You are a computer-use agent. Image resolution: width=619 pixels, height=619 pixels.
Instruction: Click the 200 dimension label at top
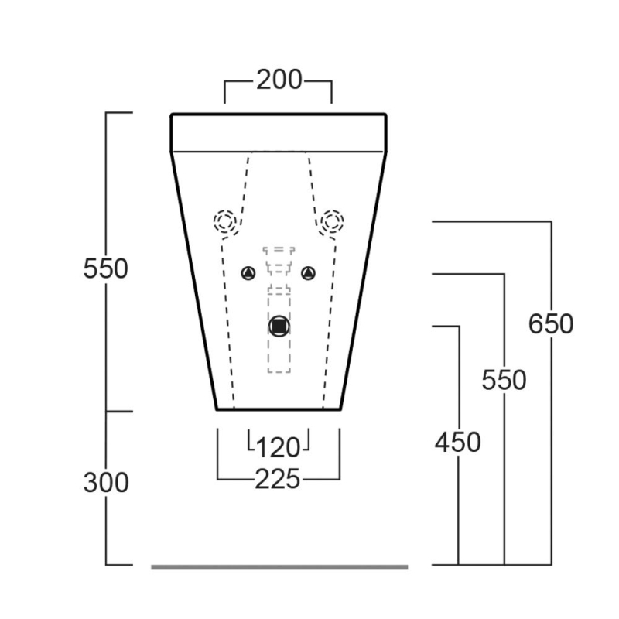tap(279, 80)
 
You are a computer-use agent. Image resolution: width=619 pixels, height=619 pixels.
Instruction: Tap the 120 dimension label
tap(279, 448)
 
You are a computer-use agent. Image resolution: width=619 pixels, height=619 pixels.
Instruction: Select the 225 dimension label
tap(278, 479)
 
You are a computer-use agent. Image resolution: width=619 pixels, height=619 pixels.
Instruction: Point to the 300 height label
tap(106, 482)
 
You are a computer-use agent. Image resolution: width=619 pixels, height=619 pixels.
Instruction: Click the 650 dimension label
tap(551, 323)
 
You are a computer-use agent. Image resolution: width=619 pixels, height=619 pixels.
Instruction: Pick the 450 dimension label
tap(458, 442)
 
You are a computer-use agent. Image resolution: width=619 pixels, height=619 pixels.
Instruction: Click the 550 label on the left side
tap(105, 268)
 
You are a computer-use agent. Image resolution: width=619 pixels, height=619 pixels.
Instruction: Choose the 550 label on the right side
tap(504, 380)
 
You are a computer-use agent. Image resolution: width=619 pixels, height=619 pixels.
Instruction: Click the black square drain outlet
tap(279, 326)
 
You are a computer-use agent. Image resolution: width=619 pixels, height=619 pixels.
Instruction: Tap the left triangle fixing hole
tap(248, 273)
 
